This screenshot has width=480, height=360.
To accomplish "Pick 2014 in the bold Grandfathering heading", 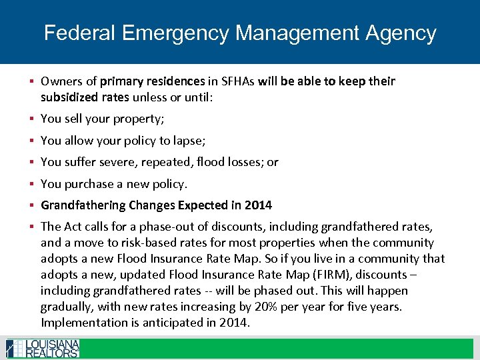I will pyautogui.click(x=258, y=205).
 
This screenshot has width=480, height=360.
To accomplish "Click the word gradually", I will pyautogui.click(x=67, y=307).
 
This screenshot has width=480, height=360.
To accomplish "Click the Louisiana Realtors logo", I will pyautogui.click(x=43, y=348).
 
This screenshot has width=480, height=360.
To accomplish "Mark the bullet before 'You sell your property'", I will pyautogui.click(x=32, y=119).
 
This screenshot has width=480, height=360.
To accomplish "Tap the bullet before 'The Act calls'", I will pyautogui.click(x=32, y=227).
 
